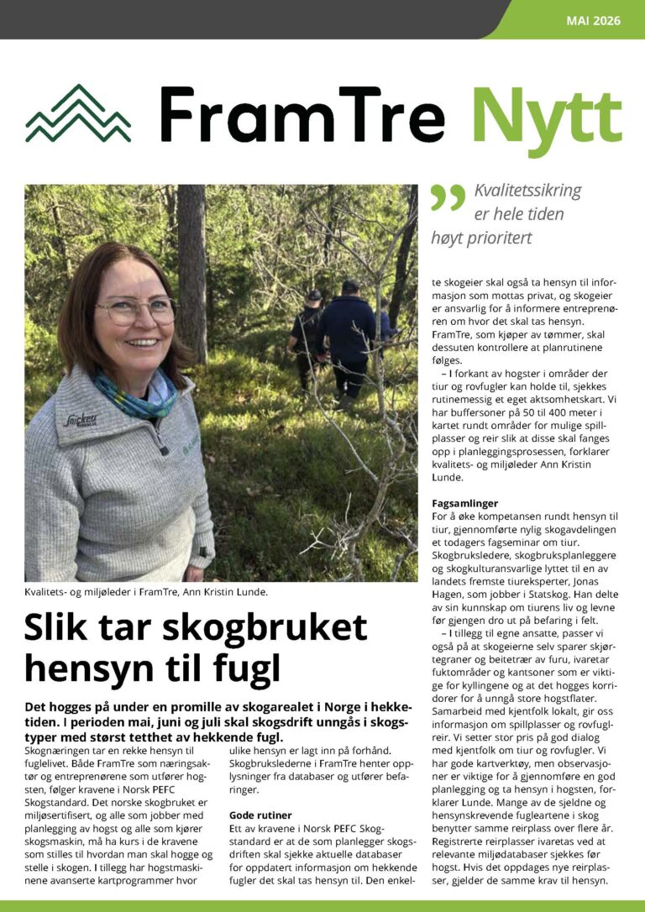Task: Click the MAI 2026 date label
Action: (x=594, y=20)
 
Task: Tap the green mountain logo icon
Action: (x=78, y=114)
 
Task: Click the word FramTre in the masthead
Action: (x=302, y=114)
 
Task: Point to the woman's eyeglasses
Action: (x=136, y=311)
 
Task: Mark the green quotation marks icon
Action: (x=447, y=198)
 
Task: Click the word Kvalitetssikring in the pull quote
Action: (x=527, y=191)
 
